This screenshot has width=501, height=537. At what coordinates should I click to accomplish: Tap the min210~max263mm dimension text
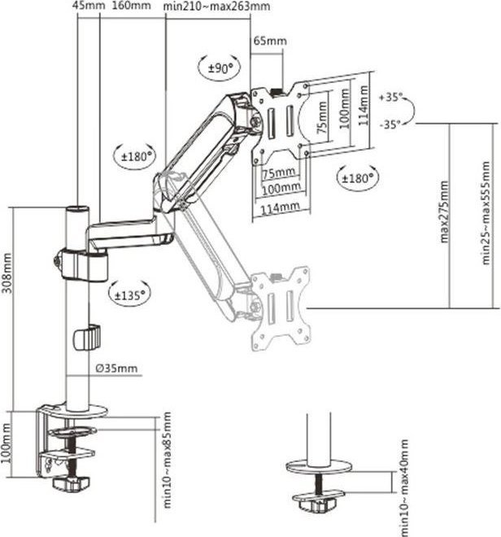216,7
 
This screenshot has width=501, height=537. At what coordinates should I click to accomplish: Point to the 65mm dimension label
270,40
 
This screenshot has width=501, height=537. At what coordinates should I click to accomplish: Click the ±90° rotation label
217,68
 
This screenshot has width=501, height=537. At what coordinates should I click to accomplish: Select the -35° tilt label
391,124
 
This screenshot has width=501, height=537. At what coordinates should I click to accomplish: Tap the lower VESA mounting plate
279,305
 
